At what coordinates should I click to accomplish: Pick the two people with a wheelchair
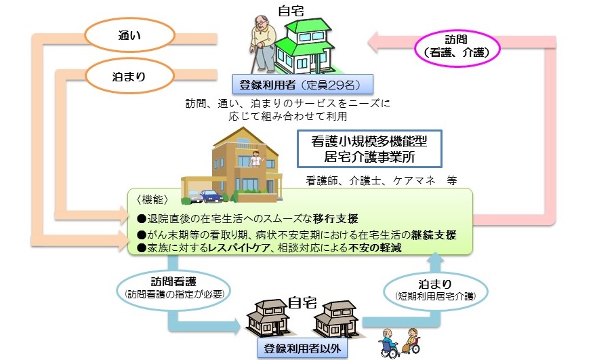(399, 342)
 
